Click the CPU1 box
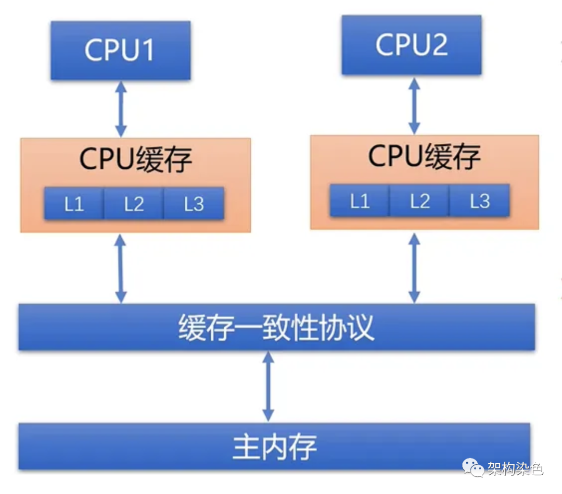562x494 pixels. tap(120, 51)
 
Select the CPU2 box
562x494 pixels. tap(411, 45)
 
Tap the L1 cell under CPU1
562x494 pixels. tap(74, 204)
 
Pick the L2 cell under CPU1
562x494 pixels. tap(134, 204)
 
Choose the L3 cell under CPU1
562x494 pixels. tap(194, 204)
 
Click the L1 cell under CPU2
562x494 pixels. tap(360, 201)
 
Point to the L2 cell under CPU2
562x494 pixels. tap(419, 201)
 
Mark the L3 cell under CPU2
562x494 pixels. tap(479, 201)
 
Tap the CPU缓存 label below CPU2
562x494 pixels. tap(424, 156)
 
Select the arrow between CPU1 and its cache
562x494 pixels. tap(121, 109)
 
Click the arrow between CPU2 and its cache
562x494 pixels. tap(414, 105)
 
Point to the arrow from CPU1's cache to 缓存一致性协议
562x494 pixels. tap(121, 268)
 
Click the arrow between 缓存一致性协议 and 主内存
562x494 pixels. tap(268, 386)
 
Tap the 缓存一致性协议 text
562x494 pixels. tap(276, 328)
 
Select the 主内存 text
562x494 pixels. tap(274, 448)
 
